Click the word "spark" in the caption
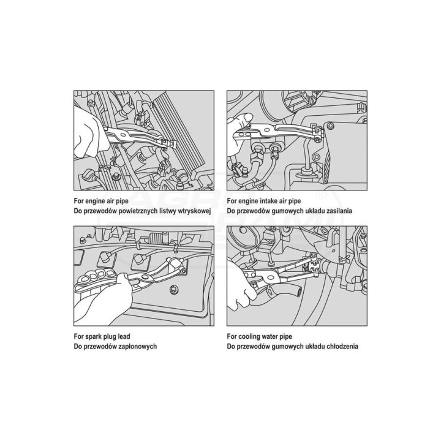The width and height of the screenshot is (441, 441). [x=90, y=336]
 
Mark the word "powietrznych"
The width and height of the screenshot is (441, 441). [x=138, y=211]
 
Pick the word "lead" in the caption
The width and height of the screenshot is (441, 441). [x=124, y=336]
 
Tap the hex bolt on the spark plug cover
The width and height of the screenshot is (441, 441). [x=173, y=290]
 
